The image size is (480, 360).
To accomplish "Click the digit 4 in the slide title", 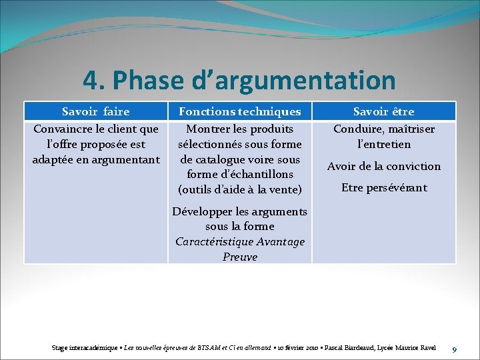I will (91, 81).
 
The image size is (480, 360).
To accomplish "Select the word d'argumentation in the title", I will (289, 81).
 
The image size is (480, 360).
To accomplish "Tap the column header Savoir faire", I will (95, 111).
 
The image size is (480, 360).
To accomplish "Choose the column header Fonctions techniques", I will (240, 111).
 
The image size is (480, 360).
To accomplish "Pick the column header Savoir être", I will (383, 111).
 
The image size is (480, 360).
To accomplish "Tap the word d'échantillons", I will (255, 175).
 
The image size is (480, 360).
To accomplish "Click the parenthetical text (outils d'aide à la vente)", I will (240, 190).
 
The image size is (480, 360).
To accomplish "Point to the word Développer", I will (203, 212).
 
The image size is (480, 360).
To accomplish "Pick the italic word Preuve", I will (240, 257).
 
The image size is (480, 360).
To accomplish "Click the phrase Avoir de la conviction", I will (383, 166).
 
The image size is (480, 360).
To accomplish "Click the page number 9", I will (454, 349).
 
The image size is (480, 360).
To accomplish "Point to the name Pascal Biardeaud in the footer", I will (351, 348).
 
